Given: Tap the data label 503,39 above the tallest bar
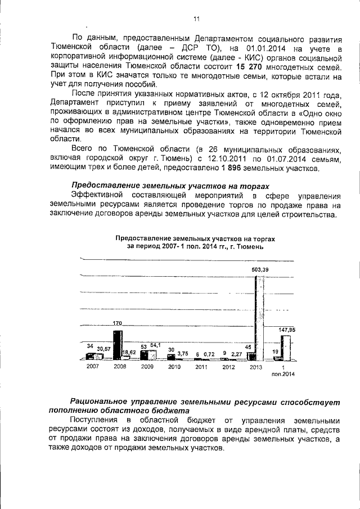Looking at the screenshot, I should point(260,271).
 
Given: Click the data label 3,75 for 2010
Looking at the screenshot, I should point(182,353).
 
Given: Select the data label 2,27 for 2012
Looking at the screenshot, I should point(236,353).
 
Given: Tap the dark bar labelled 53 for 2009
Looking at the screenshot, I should point(145,355).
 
